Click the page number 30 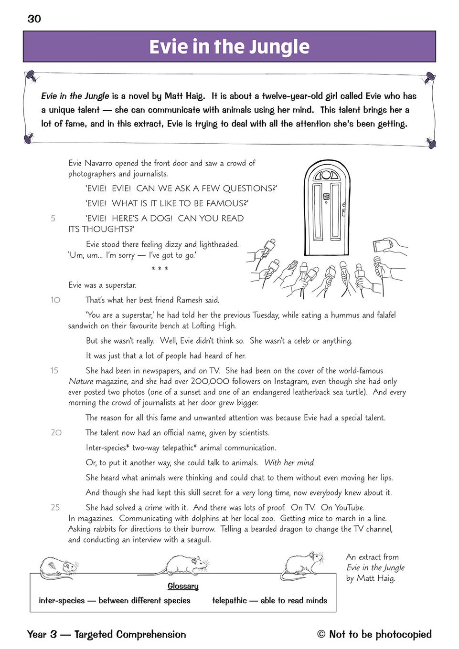(34, 19)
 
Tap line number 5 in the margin (53, 219)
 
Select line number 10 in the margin (55, 300)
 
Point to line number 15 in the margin (54, 371)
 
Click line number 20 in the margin (56, 432)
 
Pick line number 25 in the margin (55, 507)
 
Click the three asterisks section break (160, 269)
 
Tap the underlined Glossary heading (183, 586)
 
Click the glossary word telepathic (229, 600)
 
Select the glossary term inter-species (62, 600)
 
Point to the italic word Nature (81, 381)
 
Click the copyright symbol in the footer (321, 634)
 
